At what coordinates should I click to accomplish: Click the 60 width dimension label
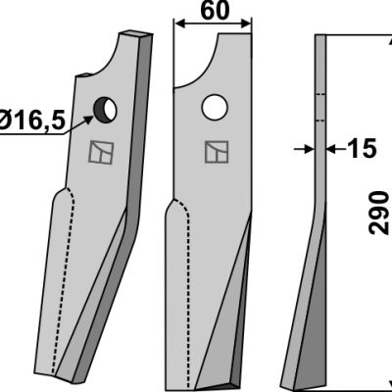click(216, 11)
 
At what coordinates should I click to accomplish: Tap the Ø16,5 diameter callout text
click(32, 121)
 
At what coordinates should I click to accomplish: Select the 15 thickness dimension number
click(362, 149)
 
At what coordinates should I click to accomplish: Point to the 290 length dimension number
click(379, 213)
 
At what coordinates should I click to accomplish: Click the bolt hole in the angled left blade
click(105, 110)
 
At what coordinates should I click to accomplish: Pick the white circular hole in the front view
click(215, 107)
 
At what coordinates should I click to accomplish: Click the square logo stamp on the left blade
click(102, 152)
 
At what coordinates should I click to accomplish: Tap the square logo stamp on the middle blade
click(217, 152)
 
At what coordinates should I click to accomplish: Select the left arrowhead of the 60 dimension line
click(179, 24)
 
